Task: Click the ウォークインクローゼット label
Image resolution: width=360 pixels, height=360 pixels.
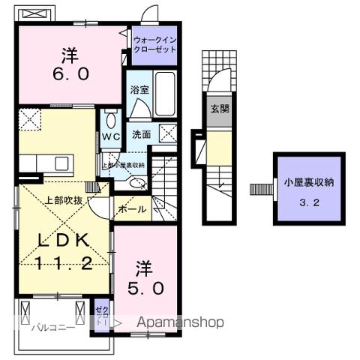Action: (x=154, y=43)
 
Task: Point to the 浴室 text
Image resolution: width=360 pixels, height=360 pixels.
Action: (x=139, y=89)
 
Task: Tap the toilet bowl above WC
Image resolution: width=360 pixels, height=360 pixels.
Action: (x=111, y=119)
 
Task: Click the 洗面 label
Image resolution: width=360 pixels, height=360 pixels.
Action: (x=142, y=135)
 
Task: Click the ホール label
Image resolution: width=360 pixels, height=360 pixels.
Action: (x=132, y=211)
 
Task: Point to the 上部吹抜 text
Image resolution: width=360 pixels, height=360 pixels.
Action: (x=63, y=199)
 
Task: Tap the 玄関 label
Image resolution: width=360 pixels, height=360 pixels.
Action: (x=220, y=109)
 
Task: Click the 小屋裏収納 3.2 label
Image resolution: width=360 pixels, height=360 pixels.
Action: (x=308, y=190)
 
